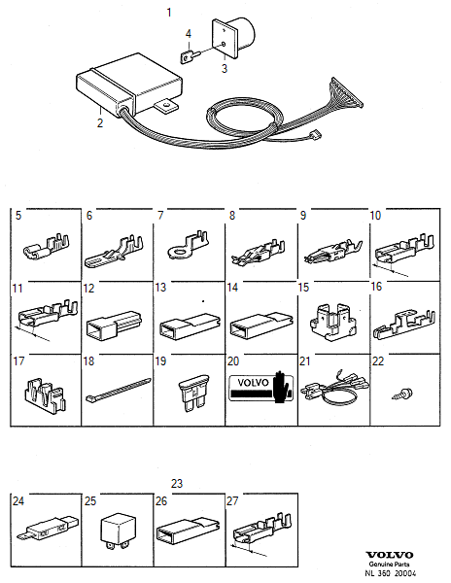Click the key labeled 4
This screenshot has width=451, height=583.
tap(191, 56)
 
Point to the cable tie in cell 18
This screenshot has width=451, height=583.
tap(118, 390)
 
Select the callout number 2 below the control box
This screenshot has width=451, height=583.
tap(100, 122)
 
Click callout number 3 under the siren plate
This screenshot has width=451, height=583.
tap(225, 68)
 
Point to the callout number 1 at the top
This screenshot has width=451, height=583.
tap(169, 13)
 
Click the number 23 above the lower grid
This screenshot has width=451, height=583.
tap(177, 483)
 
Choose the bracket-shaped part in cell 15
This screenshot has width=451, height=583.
tap(332, 322)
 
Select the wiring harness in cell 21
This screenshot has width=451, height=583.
tap(334, 390)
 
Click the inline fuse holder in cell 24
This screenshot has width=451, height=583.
tap(48, 527)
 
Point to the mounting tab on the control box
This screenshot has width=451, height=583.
tap(166, 106)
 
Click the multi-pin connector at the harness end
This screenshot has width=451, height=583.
tap(347, 93)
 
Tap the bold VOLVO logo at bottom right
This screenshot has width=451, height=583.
tap(390, 555)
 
